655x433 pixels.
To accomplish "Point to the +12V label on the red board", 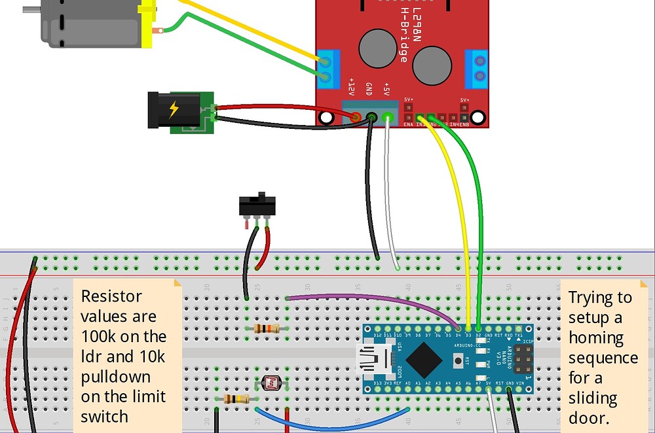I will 352,88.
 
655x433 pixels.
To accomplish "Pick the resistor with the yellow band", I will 236,398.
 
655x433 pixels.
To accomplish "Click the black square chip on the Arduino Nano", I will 426,359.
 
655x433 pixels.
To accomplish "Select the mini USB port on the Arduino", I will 374,359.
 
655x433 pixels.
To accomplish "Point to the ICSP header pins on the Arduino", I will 523,359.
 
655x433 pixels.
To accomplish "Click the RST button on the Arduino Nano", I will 466,360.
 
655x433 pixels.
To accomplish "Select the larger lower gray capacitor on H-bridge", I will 433,66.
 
